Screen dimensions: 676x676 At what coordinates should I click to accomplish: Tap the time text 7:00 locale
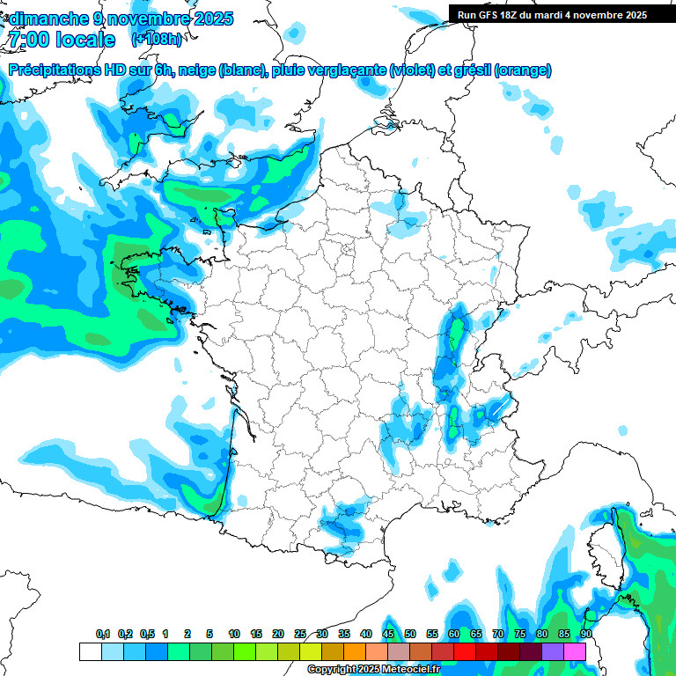click(x=63, y=40)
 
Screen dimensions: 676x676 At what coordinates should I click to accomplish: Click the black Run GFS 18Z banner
click(x=552, y=14)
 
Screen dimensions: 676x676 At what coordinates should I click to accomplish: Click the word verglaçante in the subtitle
click(x=347, y=70)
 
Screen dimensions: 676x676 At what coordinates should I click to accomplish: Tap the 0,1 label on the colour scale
click(x=103, y=635)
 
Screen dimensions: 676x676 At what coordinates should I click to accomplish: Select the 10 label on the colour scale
click(x=234, y=635)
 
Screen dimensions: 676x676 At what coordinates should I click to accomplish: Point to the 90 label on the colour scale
click(x=585, y=635)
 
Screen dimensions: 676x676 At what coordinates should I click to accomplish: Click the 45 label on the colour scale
click(x=388, y=635)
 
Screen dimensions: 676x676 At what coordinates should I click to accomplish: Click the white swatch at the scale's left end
click(x=90, y=651)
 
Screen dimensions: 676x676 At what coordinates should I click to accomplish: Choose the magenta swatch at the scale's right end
click(x=575, y=651)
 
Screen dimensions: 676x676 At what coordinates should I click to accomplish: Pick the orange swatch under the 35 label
click(x=355, y=651)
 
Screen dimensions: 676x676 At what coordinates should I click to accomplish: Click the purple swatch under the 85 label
click(x=553, y=651)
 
